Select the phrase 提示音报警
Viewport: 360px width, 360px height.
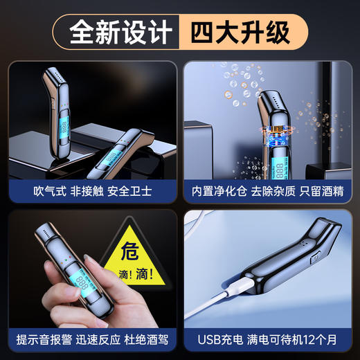(43, 339)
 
